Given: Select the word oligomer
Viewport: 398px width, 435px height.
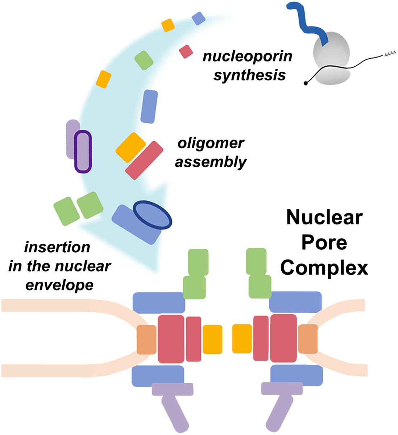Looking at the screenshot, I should tap(211, 143).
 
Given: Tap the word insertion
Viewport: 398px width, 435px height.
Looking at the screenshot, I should tap(57, 247).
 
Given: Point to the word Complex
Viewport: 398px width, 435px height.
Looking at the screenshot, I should tap(324, 268).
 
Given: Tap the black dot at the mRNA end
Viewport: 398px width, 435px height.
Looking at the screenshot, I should tap(306, 83).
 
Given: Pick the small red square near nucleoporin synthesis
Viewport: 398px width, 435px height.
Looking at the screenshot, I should tap(186, 51).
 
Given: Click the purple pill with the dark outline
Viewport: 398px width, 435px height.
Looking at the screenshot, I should tap(83, 152).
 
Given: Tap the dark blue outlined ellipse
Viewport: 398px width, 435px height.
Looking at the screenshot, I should tap(152, 215).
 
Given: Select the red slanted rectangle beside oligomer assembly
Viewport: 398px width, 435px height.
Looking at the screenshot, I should tap(144, 160).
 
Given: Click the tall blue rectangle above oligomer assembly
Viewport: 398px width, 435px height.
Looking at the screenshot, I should tap(149, 107).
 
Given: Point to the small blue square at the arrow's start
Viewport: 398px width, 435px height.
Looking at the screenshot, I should tap(198, 18).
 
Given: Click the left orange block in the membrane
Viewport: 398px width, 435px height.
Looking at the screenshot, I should tap(146, 340).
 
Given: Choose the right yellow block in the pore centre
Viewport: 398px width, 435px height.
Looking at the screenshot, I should tap(242, 339).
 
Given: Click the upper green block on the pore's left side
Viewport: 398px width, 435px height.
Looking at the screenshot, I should tap(198, 261).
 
